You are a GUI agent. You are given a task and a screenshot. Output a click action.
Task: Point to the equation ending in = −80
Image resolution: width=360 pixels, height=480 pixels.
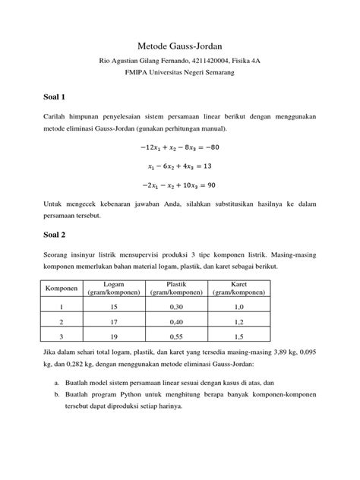tap(179, 148)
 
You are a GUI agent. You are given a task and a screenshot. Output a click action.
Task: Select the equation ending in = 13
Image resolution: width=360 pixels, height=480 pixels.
tap(179, 166)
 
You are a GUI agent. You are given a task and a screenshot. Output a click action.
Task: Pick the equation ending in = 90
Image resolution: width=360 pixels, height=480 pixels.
tap(179, 184)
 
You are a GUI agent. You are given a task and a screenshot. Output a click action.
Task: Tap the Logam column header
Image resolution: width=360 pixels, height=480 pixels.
tap(115, 289)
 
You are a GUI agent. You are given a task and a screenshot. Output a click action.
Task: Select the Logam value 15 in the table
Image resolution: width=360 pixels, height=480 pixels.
tap(115, 308)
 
